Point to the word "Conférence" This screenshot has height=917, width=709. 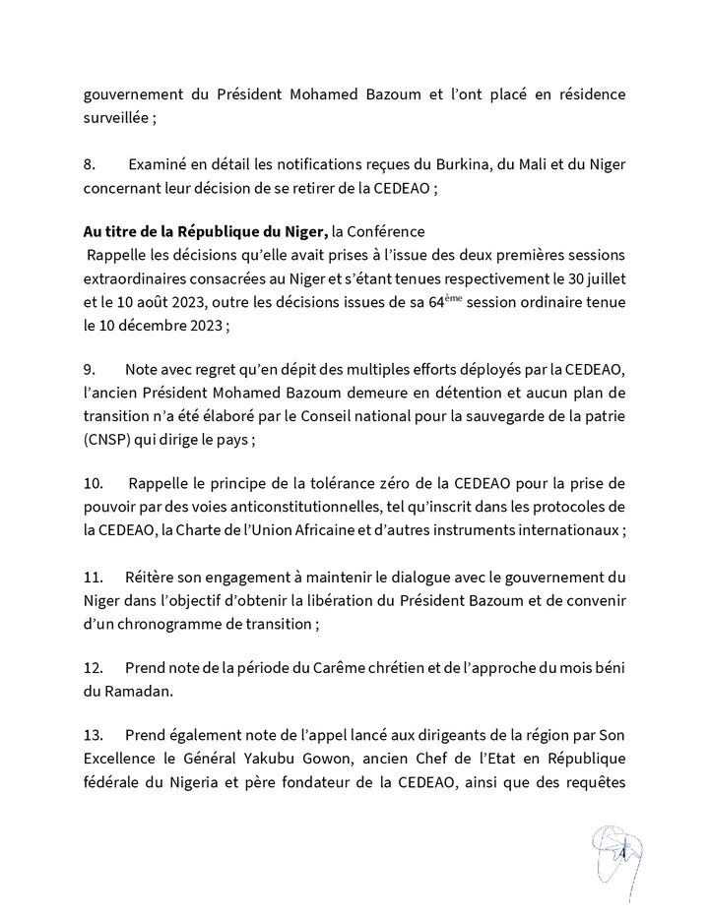click(387, 232)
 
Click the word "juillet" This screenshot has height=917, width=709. click(602, 279)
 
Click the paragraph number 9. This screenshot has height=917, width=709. click(90, 370)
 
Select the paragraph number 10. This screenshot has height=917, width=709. click(93, 484)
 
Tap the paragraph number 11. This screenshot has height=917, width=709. click(93, 576)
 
